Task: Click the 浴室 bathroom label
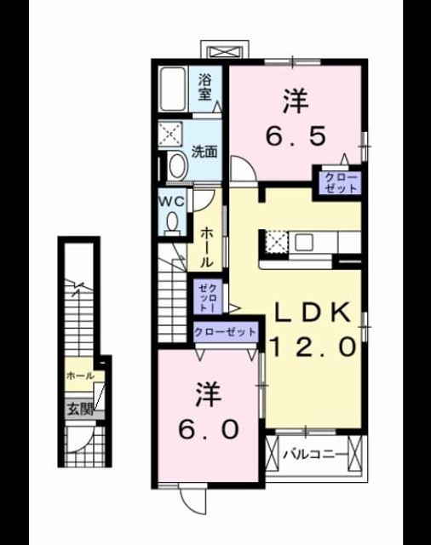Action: (x=205, y=89)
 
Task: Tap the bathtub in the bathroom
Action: (x=172, y=89)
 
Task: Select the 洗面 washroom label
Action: (x=204, y=152)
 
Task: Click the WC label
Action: (x=171, y=202)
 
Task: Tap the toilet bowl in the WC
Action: (x=172, y=222)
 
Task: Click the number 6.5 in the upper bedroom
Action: (x=296, y=136)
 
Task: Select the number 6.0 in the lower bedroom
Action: (x=209, y=429)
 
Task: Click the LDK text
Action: (x=312, y=313)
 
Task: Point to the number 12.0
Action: (x=313, y=347)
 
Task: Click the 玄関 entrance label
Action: (x=80, y=409)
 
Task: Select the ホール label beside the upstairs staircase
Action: (x=207, y=247)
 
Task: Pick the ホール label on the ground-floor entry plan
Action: (x=80, y=376)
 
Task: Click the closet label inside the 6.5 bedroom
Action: (x=341, y=183)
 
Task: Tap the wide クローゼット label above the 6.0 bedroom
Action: (x=225, y=332)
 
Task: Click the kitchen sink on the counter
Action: (x=304, y=242)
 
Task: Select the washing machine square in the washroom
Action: (x=170, y=133)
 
